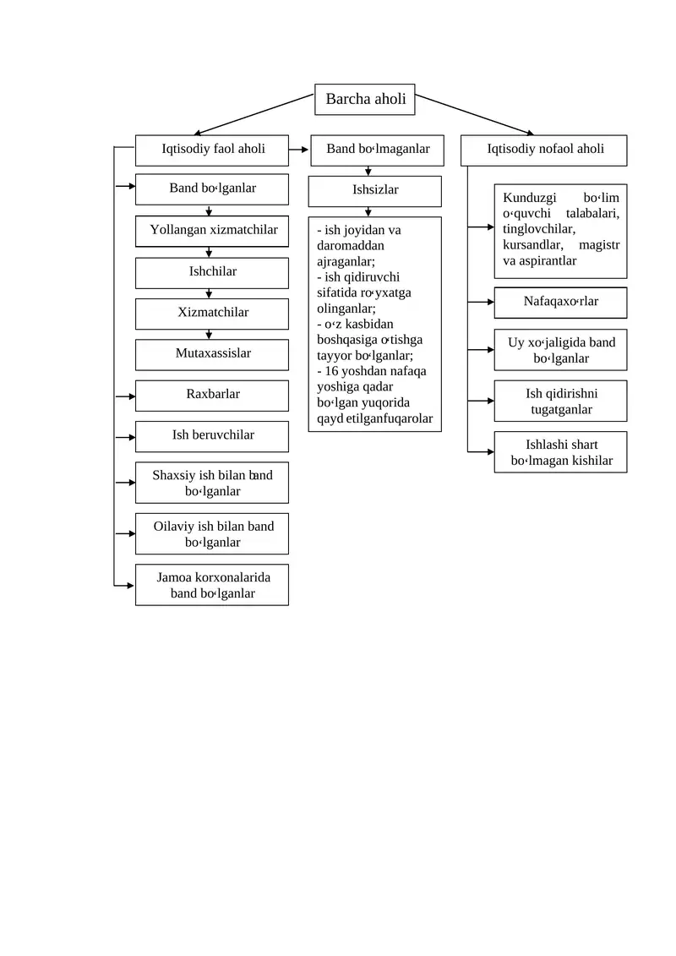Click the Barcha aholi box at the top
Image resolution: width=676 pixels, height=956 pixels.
click(x=364, y=100)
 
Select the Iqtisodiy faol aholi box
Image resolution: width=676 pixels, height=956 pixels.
click(x=211, y=150)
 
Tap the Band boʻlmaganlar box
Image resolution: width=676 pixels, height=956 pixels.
click(x=378, y=150)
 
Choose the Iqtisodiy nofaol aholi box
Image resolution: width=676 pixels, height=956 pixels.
click(x=543, y=150)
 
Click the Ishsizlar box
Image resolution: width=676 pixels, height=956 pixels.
click(x=375, y=191)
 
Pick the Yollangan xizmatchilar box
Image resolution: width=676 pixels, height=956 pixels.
click(x=211, y=231)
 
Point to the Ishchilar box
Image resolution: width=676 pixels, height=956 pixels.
click(x=211, y=272)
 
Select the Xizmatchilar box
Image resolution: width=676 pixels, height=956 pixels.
click(x=211, y=314)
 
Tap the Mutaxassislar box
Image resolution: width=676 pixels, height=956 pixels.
click(x=211, y=354)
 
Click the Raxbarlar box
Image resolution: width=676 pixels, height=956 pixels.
click(x=211, y=396)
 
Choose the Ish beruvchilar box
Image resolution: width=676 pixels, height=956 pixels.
click(x=211, y=436)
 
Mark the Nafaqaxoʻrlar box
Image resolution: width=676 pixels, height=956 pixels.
click(x=560, y=303)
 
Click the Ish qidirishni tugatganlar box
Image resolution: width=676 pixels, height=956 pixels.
click(x=560, y=402)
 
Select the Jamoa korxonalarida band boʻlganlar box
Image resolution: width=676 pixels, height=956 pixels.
click(x=211, y=585)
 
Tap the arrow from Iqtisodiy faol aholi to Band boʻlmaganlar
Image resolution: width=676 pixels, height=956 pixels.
click(x=298, y=150)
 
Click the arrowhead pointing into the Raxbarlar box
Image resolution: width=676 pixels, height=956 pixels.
click(x=132, y=396)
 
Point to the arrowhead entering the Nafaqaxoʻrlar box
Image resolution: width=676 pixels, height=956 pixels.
click(x=491, y=302)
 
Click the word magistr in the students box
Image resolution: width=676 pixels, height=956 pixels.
click(x=598, y=244)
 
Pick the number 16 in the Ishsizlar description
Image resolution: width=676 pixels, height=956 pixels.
click(x=331, y=371)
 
